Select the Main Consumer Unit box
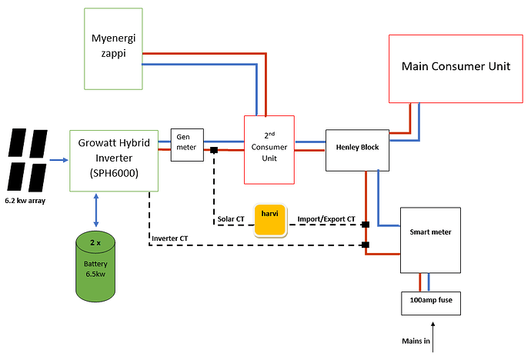point(456,68)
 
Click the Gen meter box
point(187,145)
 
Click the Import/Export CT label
point(326,219)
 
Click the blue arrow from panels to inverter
point(58,162)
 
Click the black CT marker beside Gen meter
point(213,150)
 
